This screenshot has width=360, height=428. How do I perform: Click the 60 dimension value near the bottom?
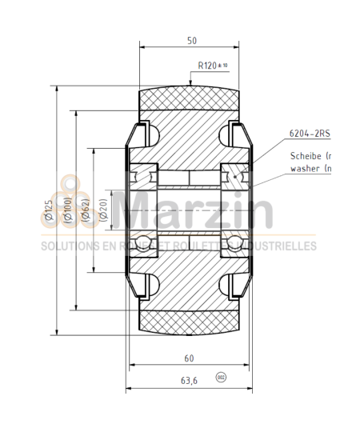190,359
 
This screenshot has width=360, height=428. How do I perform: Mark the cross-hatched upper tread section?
190,101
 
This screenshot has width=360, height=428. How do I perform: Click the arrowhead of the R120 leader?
190,82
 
